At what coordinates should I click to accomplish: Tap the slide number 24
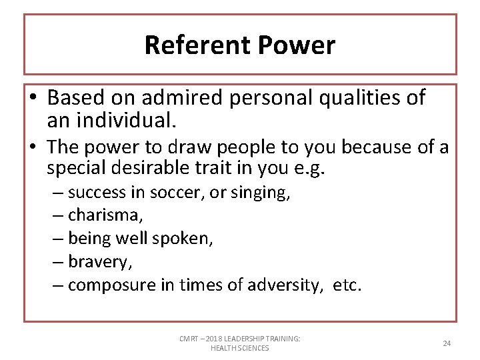click(x=447, y=343)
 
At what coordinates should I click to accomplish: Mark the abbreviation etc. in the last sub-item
click(x=347, y=285)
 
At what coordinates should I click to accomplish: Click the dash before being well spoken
click(x=58, y=239)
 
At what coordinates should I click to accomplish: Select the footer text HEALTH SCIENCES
click(x=239, y=348)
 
